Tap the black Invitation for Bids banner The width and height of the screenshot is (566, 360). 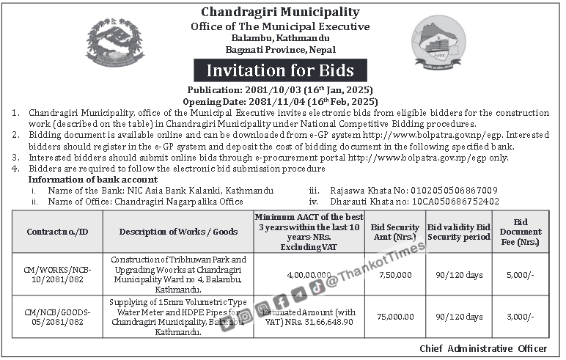pos(281,70)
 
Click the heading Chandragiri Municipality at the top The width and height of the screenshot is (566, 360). pos(281,12)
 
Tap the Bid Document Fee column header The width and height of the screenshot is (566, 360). pos(521,232)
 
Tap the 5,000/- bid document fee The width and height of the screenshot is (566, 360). pos(521,274)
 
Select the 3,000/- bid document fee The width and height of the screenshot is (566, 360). pos(521,317)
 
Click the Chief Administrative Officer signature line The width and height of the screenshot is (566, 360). pos(483,348)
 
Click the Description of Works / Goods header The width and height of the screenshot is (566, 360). pos(178,232)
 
